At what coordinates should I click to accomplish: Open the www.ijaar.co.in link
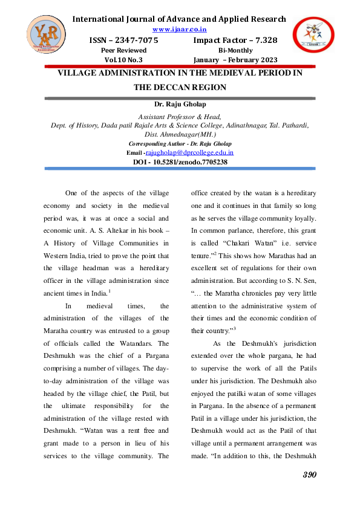(x=180, y=29)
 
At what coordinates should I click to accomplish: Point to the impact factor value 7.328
(x=261, y=40)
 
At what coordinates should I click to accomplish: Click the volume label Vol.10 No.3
(x=123, y=60)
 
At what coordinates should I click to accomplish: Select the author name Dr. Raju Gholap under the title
(x=180, y=104)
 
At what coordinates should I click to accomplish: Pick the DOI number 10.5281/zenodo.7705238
(x=189, y=162)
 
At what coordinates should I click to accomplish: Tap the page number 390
(x=309, y=475)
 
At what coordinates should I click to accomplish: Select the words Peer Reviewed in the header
(x=123, y=50)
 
